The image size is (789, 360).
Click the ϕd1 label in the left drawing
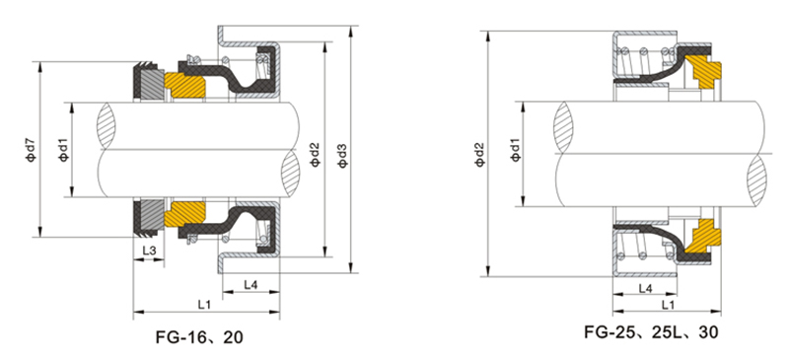pos(63,151)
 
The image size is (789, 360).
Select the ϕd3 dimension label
pos(342,156)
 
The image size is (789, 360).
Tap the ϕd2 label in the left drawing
pos(315,155)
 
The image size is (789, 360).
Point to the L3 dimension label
pos(149,251)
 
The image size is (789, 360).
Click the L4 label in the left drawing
pos(251,284)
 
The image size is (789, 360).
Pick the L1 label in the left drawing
pos(204,304)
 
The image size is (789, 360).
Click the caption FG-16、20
pos(199,337)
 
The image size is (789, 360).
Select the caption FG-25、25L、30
pos(651,331)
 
